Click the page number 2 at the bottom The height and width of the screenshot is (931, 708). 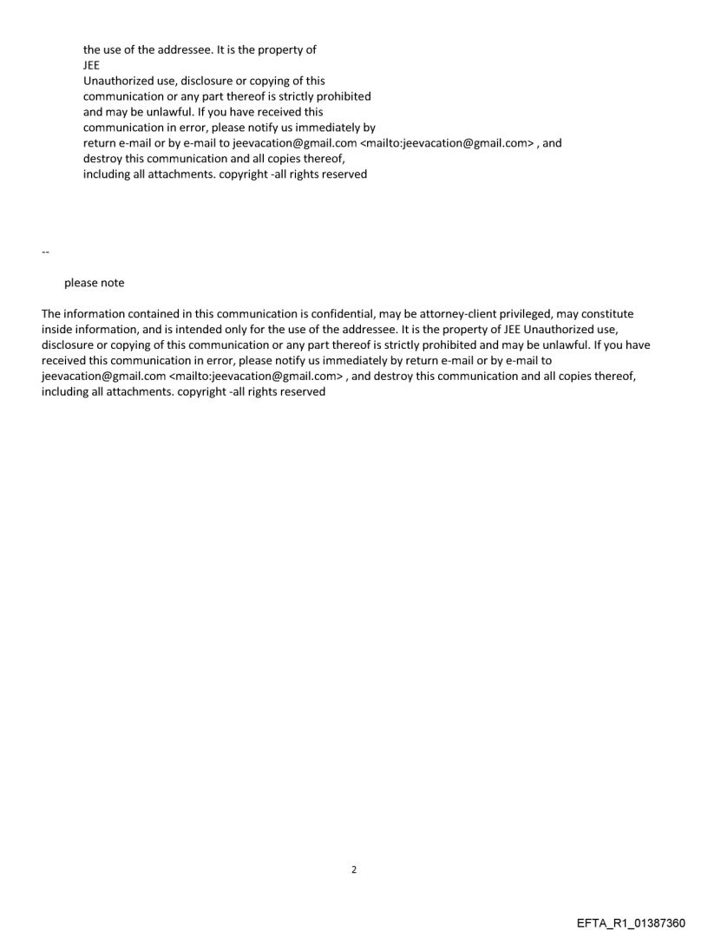353,869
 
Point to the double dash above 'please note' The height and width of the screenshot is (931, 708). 45,252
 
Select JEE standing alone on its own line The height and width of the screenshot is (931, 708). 92,65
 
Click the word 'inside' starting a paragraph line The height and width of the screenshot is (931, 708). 57,330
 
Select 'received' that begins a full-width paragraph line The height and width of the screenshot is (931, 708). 64,361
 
